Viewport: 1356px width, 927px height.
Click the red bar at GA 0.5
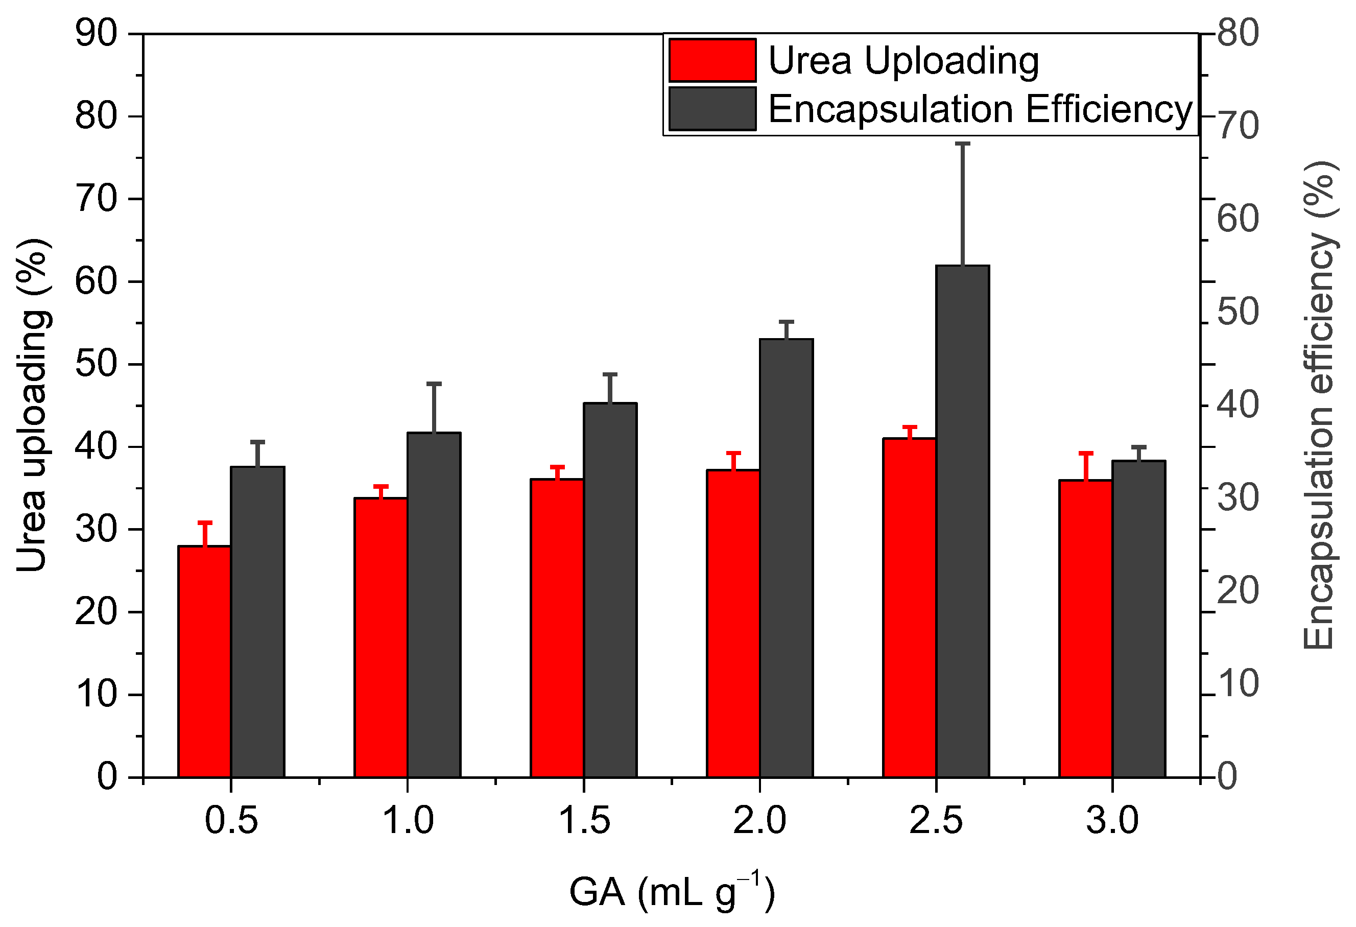point(204,662)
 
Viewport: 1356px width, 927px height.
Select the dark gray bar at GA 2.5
point(962,522)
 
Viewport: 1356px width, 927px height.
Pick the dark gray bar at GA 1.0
point(434,605)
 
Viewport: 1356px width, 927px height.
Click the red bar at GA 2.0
point(733,624)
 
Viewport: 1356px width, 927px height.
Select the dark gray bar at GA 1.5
point(610,590)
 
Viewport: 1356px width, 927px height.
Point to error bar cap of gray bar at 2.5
point(962,143)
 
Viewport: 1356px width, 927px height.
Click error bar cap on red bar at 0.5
point(205,522)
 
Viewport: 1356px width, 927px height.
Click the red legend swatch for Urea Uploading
point(712,60)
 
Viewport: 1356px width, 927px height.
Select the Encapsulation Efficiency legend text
point(980,109)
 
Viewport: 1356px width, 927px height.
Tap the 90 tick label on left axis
point(97,33)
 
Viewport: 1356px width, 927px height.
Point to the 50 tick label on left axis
point(97,364)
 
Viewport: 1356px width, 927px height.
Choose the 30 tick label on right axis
point(1238,497)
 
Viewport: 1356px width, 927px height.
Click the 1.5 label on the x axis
point(584,820)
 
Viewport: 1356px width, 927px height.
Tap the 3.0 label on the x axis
point(1112,820)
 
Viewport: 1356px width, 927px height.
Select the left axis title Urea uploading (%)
point(32,405)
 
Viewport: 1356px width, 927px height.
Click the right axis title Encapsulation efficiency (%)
point(1320,405)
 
